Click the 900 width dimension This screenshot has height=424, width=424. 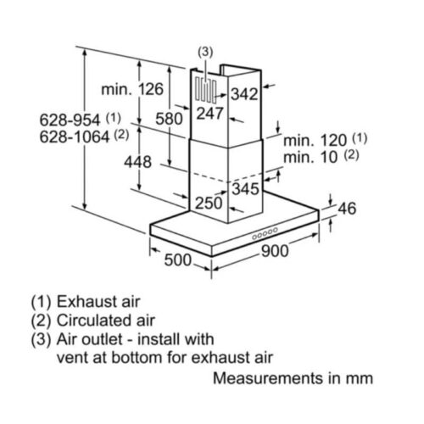[x=275, y=251]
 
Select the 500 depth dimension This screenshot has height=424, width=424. [x=178, y=260]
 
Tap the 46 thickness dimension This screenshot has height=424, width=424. [x=347, y=209]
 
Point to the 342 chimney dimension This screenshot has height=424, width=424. [x=244, y=94]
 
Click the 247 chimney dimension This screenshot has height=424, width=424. [x=210, y=114]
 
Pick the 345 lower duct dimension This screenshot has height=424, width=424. [x=246, y=188]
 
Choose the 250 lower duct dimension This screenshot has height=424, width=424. [x=209, y=204]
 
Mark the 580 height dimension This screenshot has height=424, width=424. [x=169, y=119]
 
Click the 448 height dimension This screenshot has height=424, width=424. [x=137, y=162]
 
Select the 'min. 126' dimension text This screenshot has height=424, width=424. [x=132, y=89]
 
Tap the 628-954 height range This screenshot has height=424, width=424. [x=70, y=120]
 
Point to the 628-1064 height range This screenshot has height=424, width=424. [x=75, y=137]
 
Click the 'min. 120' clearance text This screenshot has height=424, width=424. [x=315, y=141]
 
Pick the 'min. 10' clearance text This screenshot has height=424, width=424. [x=310, y=157]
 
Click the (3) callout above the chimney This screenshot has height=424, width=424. [x=205, y=53]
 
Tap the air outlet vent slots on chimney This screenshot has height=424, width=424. [x=206, y=90]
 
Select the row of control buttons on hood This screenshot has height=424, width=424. [x=265, y=234]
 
